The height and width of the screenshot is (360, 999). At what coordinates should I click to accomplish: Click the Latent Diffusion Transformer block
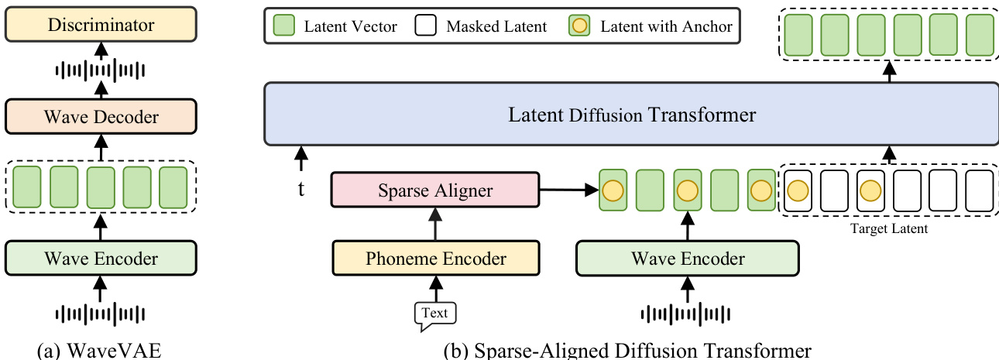(x=632, y=115)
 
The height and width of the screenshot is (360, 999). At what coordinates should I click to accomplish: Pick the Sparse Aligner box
(x=434, y=190)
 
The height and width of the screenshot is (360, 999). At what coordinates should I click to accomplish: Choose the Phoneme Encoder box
(x=434, y=258)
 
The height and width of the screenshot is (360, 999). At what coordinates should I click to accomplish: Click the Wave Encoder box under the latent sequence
(x=687, y=258)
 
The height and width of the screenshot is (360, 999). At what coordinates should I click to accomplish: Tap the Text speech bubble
(x=435, y=314)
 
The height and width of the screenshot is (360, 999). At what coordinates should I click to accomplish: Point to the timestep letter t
(x=300, y=187)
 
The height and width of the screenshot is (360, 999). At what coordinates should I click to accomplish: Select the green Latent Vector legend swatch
(x=283, y=26)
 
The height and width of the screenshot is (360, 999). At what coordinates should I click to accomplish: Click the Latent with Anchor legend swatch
(x=581, y=26)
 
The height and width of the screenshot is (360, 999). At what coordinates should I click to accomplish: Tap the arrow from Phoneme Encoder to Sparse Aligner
(x=434, y=225)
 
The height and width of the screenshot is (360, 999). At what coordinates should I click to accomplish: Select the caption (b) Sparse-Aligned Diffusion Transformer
(x=627, y=351)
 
